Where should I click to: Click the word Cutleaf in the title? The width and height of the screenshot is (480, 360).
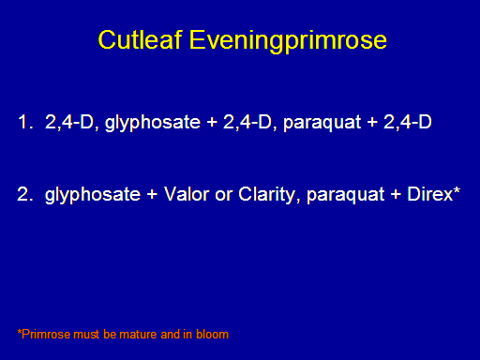(140, 39)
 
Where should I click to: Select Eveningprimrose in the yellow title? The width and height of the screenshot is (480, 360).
(288, 41)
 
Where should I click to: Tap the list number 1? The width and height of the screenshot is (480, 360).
(25, 122)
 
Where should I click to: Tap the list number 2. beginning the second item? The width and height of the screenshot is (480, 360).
(25, 194)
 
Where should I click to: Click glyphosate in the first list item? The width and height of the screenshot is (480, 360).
(153, 123)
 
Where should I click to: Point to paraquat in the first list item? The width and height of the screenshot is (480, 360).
(322, 124)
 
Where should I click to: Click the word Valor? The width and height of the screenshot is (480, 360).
(187, 194)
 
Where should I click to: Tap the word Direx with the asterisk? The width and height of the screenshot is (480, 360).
(434, 194)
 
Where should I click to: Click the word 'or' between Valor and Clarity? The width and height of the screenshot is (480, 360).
(224, 196)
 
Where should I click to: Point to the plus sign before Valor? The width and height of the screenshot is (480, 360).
(152, 194)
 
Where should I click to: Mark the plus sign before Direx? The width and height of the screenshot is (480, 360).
(396, 194)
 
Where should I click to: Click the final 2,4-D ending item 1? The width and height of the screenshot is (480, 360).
(408, 122)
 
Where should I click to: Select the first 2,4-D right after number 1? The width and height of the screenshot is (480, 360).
(69, 122)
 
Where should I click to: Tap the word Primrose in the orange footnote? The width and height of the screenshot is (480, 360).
(44, 334)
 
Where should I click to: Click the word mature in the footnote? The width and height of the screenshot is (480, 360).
(139, 335)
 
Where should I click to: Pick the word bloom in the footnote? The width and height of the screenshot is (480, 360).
(212, 334)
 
